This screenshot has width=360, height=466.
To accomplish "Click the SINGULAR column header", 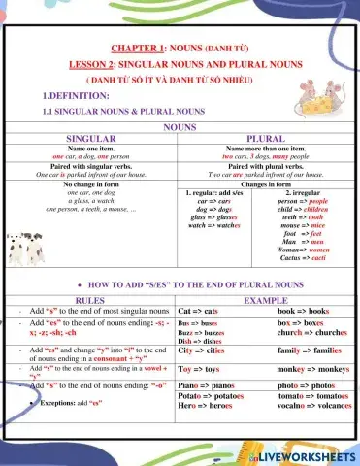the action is (x=92, y=139).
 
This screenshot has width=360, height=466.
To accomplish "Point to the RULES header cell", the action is (x=89, y=301).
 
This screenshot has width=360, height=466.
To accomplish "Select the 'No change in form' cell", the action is (x=92, y=183).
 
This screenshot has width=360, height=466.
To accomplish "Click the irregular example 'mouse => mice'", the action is (x=308, y=233).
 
